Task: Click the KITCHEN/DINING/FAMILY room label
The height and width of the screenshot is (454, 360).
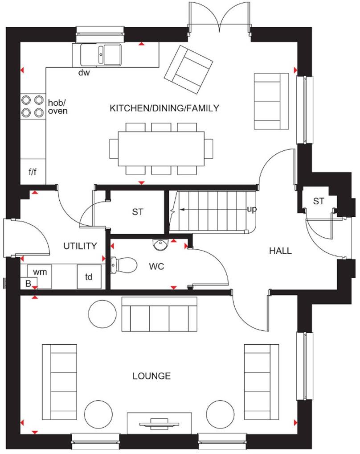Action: pyautogui.click(x=164, y=107)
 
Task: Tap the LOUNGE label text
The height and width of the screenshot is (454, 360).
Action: pyautogui.click(x=151, y=376)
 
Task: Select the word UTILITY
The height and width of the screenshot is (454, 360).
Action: pyautogui.click(x=80, y=246)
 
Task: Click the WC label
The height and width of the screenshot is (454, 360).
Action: pyautogui.click(x=156, y=267)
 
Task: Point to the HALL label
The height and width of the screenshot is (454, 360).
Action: pyautogui.click(x=280, y=251)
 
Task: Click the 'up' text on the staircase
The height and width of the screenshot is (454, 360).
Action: pyautogui.click(x=252, y=209)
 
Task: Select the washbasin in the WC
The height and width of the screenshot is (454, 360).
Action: pyautogui.click(x=159, y=244)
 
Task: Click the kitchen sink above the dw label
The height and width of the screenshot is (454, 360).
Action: pyautogui.click(x=101, y=55)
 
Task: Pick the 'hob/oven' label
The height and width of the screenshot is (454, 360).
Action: pyautogui.click(x=57, y=107)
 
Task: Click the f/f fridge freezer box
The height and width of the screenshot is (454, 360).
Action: pyautogui.click(x=33, y=171)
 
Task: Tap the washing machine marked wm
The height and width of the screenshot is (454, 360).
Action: pyautogui.click(x=40, y=271)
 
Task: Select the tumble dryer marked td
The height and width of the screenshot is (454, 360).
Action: pyautogui.click(x=89, y=277)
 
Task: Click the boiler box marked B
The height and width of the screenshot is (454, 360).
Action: pyautogui.click(x=28, y=283)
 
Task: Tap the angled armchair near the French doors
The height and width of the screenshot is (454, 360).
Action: pyautogui.click(x=188, y=70)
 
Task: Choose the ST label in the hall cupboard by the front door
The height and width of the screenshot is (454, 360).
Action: pyautogui.click(x=318, y=202)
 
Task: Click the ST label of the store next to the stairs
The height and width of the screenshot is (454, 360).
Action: pyautogui.click(x=138, y=212)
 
